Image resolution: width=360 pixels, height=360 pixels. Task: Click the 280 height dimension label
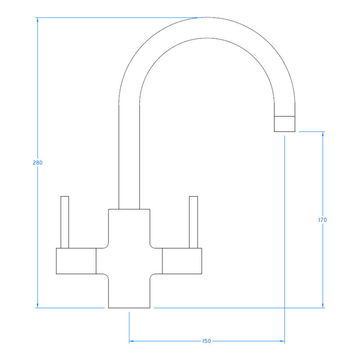click(x=38, y=163)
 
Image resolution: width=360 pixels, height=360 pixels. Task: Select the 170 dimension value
click(x=323, y=220)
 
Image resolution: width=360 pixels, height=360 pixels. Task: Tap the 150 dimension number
click(x=207, y=341)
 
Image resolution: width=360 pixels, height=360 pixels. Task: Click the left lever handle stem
click(x=65, y=222)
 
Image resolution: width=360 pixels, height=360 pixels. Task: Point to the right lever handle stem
click(x=194, y=222)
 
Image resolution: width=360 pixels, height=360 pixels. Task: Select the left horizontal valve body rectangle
click(x=76, y=261)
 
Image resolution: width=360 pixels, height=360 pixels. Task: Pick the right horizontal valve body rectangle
click(x=182, y=261)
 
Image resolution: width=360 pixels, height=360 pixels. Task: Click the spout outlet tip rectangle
click(x=284, y=123)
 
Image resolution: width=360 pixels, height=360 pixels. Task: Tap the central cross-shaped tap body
click(x=129, y=260)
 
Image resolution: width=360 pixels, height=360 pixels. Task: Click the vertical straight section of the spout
click(x=129, y=157)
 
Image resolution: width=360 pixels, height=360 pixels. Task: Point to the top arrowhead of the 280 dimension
click(x=38, y=20)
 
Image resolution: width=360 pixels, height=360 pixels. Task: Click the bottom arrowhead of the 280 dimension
click(x=38, y=306)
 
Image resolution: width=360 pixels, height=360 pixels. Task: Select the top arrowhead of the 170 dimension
click(x=323, y=134)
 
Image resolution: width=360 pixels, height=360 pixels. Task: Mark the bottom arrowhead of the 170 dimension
click(x=323, y=306)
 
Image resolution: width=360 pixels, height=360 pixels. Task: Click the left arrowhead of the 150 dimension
click(x=132, y=341)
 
